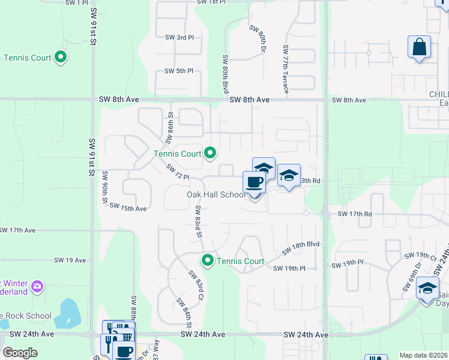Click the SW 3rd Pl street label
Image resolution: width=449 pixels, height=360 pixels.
pyautogui.click(x=179, y=37)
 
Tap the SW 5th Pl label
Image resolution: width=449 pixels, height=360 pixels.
pyautogui.click(x=179, y=71)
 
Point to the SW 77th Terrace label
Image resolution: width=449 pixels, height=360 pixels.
pyautogui.click(x=286, y=70)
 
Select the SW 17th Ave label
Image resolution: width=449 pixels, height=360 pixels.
pyautogui.click(x=18, y=230)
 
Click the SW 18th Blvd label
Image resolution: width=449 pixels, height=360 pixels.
pyautogui.click(x=301, y=245)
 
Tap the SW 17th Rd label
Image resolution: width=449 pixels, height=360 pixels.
pyautogui.click(x=355, y=214)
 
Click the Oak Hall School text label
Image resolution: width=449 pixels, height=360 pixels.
pyautogui.click(x=216, y=194)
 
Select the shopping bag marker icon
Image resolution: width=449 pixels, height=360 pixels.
pyautogui.click(x=419, y=46)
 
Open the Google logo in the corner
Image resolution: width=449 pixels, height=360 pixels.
pyautogui.click(x=20, y=353)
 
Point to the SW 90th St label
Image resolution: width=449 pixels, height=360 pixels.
pyautogui.click(x=105, y=188)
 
